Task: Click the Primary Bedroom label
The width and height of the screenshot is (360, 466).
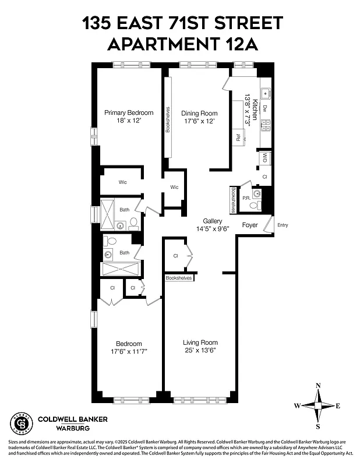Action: [x=129, y=112]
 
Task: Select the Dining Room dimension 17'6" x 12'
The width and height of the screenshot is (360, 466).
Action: [x=199, y=121]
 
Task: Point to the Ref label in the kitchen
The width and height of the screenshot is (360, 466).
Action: [x=238, y=138]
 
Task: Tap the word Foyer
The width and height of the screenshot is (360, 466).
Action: [x=250, y=225]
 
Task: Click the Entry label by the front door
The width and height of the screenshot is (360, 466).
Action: [x=283, y=225]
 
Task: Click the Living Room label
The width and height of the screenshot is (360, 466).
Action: [x=200, y=343]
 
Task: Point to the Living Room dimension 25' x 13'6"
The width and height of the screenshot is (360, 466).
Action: [x=200, y=351]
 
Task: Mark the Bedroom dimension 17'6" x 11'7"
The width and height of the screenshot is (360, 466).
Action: [x=129, y=352]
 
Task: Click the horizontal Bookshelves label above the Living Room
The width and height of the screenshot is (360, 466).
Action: [x=178, y=278]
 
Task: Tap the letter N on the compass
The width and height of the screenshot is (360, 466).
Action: [x=317, y=386]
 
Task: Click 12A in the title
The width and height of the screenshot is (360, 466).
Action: [x=231, y=44]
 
